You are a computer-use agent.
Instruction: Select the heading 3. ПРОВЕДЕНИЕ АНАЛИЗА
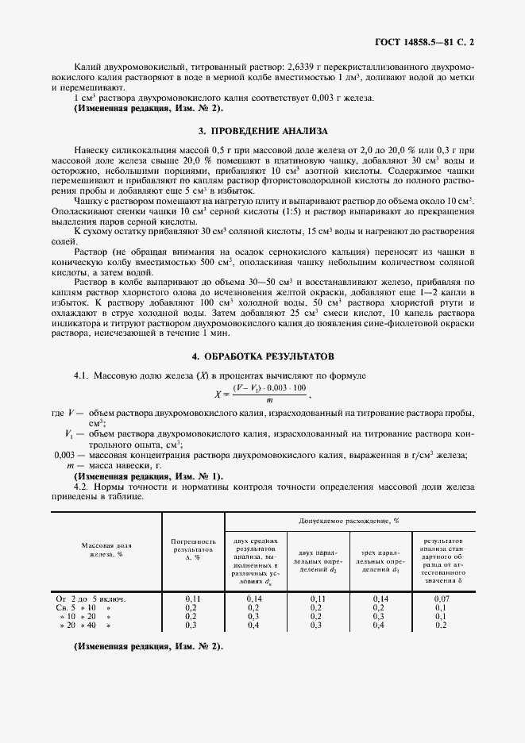click(262, 130)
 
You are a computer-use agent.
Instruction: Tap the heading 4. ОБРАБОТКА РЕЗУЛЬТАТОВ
click(262, 356)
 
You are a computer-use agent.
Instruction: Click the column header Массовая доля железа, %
click(106, 551)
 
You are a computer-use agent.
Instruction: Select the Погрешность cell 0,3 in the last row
click(192, 626)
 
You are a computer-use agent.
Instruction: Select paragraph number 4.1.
click(81, 373)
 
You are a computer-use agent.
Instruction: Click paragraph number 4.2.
click(81, 486)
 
